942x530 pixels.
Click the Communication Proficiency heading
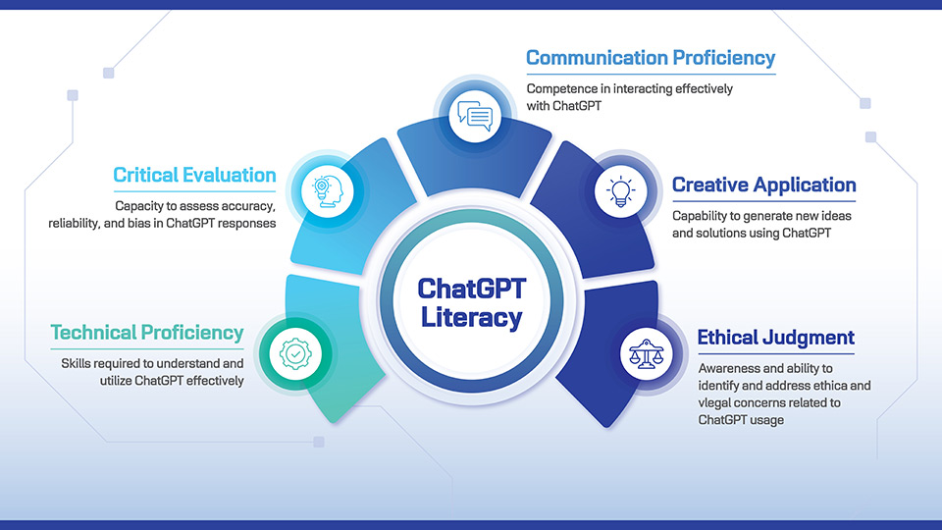(651, 58)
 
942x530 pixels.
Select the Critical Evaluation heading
(194, 176)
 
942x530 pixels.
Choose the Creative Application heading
(763, 185)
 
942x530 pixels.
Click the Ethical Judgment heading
(775, 338)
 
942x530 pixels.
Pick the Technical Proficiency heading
(147, 333)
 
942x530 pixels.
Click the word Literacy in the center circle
(472, 317)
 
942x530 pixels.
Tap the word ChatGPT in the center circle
(472, 289)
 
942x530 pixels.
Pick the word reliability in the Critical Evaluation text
(78, 224)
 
